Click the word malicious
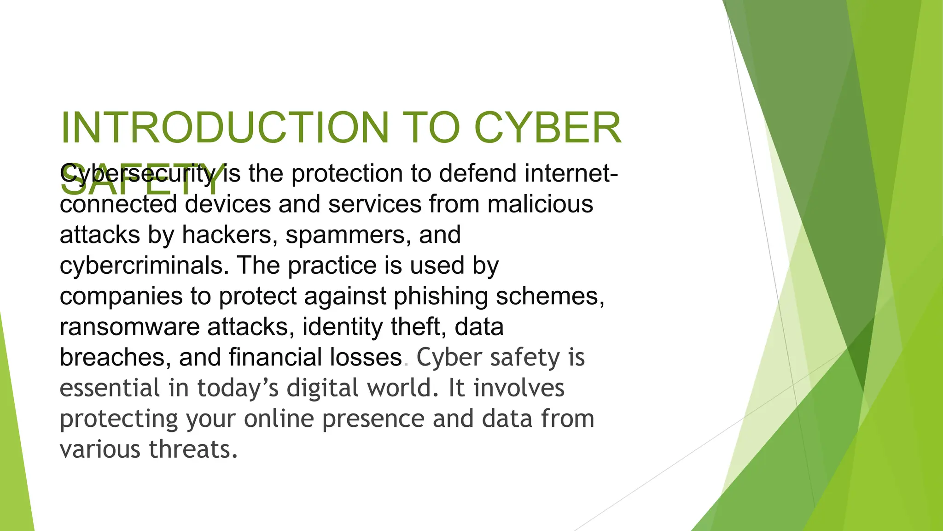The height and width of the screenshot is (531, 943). (x=540, y=204)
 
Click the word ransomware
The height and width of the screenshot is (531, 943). (x=129, y=327)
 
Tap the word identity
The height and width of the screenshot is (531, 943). (x=342, y=327)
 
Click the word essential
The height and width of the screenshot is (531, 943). (x=110, y=388)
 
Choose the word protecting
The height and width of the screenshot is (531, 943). (x=119, y=419)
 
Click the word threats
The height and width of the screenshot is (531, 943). (x=193, y=449)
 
